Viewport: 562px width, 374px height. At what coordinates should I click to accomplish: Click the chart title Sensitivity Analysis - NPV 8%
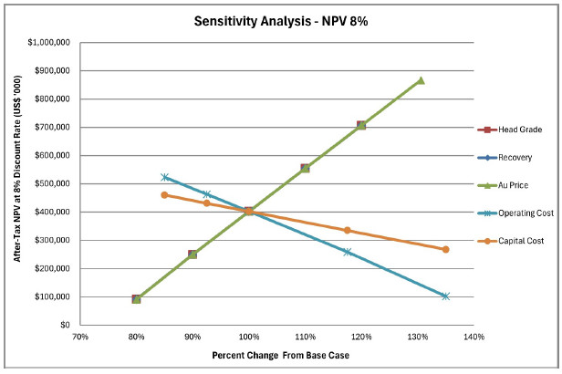281,21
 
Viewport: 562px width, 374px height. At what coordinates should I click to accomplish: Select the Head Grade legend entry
510,130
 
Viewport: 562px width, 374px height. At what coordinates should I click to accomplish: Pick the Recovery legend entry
505,157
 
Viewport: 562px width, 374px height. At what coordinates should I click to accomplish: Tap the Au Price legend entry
503,185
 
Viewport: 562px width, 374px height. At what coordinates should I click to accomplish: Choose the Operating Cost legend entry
515,213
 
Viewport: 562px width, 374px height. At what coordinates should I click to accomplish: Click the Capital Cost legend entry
511,241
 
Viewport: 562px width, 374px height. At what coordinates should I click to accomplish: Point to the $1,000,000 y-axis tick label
48,42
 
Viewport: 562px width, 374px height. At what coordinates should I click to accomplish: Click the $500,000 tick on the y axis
52,183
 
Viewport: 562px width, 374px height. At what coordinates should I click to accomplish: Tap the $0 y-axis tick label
65,325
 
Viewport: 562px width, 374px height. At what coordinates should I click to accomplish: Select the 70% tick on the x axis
80,337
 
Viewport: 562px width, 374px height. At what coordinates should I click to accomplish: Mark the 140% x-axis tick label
474,337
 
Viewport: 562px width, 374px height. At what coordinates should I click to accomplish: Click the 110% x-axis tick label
305,337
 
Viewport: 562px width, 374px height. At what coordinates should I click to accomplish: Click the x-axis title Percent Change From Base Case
281,356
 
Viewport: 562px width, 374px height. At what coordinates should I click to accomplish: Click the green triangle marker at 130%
421,80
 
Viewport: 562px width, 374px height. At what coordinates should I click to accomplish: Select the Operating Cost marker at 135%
445,296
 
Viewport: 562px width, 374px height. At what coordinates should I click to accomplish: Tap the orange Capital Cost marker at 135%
445,249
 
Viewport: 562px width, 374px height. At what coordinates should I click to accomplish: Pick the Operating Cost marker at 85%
164,177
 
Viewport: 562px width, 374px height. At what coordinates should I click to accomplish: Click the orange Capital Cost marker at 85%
164,195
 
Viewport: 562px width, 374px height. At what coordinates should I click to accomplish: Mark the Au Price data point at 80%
136,299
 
